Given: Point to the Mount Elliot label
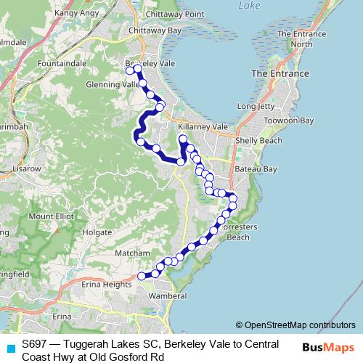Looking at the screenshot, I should (52, 216).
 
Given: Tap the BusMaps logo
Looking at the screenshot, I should (329, 347).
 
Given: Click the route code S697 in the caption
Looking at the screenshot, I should (34, 343).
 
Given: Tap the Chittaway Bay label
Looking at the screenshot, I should (154, 30).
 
